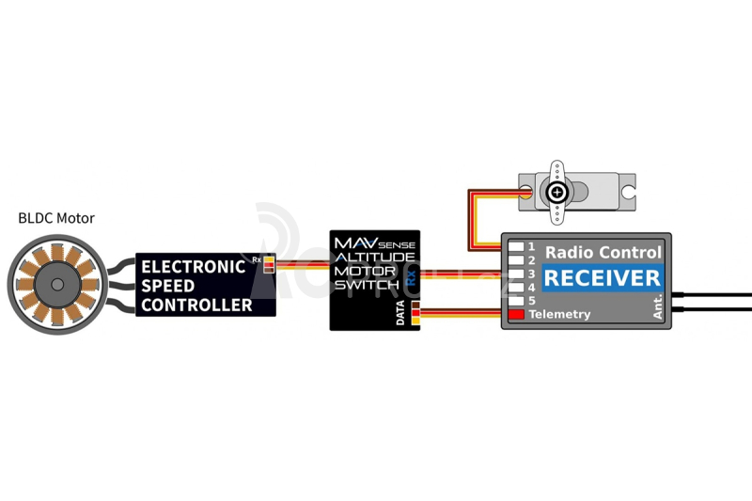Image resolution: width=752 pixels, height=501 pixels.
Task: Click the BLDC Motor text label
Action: pyautogui.click(x=56, y=218)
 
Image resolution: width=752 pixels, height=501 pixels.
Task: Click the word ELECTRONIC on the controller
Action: pyautogui.click(x=193, y=266)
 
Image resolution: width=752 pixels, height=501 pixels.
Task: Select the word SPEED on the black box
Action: pyautogui.click(x=168, y=285)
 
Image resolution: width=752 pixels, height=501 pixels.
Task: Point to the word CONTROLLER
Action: pyautogui.click(x=196, y=305)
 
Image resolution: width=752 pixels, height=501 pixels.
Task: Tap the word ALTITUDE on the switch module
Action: pyautogui.click(x=374, y=257)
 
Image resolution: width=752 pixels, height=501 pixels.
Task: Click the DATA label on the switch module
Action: pyautogui.click(x=401, y=313)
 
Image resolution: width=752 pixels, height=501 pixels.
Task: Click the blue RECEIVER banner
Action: pyautogui.click(x=603, y=277)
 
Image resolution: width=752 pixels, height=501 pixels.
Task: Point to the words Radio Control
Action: pyautogui.click(x=603, y=252)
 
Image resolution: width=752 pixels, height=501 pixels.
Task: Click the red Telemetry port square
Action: pyautogui.click(x=516, y=315)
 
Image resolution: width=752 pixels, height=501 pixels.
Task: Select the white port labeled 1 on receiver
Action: pyautogui.click(x=516, y=247)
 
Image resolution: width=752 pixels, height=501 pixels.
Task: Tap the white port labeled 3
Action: pyautogui.click(x=516, y=274)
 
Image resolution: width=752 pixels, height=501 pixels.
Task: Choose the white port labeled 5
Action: pyautogui.click(x=516, y=301)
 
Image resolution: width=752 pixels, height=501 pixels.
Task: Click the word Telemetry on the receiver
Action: pyautogui.click(x=559, y=314)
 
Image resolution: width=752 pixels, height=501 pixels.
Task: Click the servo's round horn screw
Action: pyautogui.click(x=557, y=193)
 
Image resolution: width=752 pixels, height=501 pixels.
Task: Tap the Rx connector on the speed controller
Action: pyautogui.click(x=269, y=264)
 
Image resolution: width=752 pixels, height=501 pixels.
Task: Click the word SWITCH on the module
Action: pyautogui.click(x=367, y=284)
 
